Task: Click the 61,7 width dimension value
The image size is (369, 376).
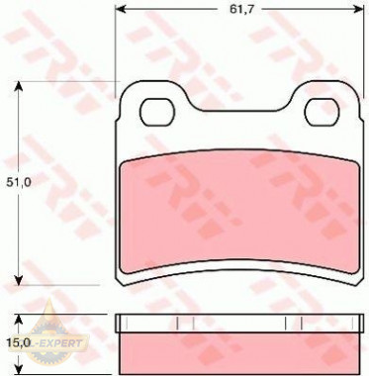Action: coord(241,10)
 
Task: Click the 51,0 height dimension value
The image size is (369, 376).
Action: coord(19,182)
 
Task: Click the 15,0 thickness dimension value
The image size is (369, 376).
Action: coord(19,343)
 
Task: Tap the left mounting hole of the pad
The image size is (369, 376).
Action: coord(157,112)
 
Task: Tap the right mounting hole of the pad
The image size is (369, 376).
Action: coord(322,112)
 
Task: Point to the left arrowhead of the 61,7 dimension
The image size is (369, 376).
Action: coord(121,10)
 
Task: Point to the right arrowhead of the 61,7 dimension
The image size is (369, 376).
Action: coord(358,10)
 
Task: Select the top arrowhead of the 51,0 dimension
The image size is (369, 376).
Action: coord(19,86)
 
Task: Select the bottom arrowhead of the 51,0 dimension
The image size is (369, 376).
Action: coord(19,280)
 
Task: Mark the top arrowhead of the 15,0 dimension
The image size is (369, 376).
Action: coord(19,320)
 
